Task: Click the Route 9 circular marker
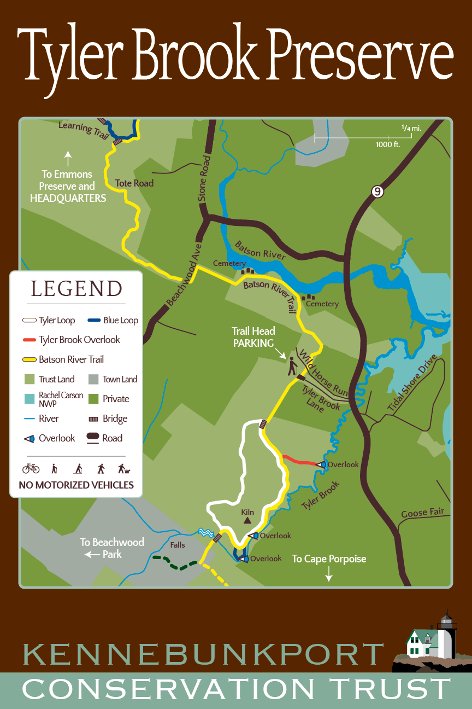click(376, 191)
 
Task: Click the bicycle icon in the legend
click(31, 469)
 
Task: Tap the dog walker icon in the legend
click(123, 469)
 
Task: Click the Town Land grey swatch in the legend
click(93, 379)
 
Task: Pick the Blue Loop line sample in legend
click(93, 321)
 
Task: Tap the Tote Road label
click(134, 183)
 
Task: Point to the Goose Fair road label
click(422, 513)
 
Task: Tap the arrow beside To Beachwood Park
click(89, 555)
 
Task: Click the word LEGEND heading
click(76, 288)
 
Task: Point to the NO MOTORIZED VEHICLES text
click(76, 485)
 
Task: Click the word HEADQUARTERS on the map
click(68, 198)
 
